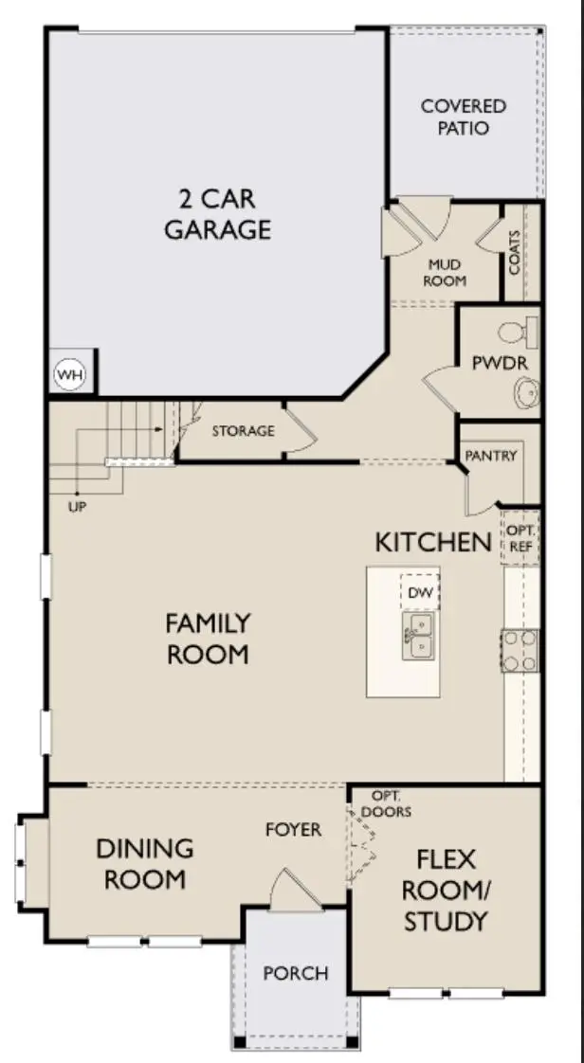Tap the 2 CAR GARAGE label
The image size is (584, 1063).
(x=217, y=214)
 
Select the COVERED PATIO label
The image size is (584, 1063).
(x=464, y=117)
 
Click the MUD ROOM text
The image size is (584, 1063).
(x=447, y=274)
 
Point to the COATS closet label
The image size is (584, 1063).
(x=515, y=253)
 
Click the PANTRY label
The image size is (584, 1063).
(x=491, y=456)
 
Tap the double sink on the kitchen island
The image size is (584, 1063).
(x=418, y=635)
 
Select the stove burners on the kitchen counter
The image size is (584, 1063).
(x=520, y=650)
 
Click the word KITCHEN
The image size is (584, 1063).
(x=433, y=542)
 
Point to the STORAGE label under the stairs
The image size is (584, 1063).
(x=243, y=431)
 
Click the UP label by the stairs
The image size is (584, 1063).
(x=78, y=507)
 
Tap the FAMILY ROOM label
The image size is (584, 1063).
(x=208, y=639)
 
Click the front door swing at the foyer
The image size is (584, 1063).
(x=287, y=891)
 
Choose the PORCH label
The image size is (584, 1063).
(x=296, y=973)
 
